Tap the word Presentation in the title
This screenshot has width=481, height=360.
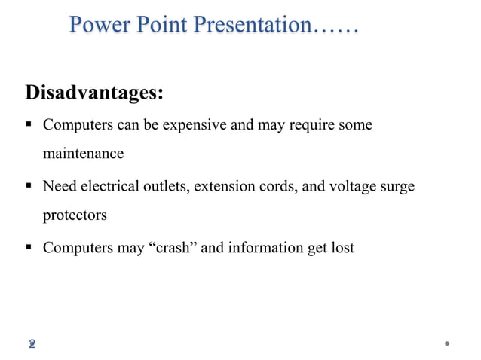252,26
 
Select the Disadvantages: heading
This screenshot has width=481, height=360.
94,93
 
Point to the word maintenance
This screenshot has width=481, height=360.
83,154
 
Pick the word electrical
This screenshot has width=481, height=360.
109,185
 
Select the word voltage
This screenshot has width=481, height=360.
358,185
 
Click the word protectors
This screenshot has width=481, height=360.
75,215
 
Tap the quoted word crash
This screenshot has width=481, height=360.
176,246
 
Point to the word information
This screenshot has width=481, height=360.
265,246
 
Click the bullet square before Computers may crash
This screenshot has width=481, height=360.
29,247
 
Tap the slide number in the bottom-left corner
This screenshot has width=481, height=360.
32,343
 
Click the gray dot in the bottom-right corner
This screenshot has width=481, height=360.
447,343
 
